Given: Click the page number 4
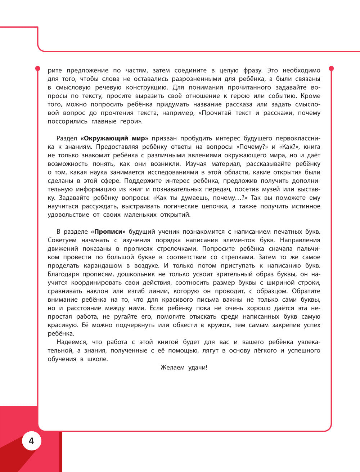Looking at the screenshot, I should pyautogui.click(x=31, y=441).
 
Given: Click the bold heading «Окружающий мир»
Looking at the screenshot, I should pyautogui.click(x=114, y=139).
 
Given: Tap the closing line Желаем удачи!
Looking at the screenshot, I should pyautogui.click(x=184, y=368).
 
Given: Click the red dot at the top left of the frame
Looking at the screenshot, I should pyautogui.click(x=37, y=68).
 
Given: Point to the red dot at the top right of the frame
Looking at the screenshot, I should pyautogui.click(x=332, y=68).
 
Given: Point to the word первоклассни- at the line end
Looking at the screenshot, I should pyautogui.click(x=297, y=139).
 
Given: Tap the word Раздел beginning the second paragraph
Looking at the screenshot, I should pyautogui.click(x=67, y=139).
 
